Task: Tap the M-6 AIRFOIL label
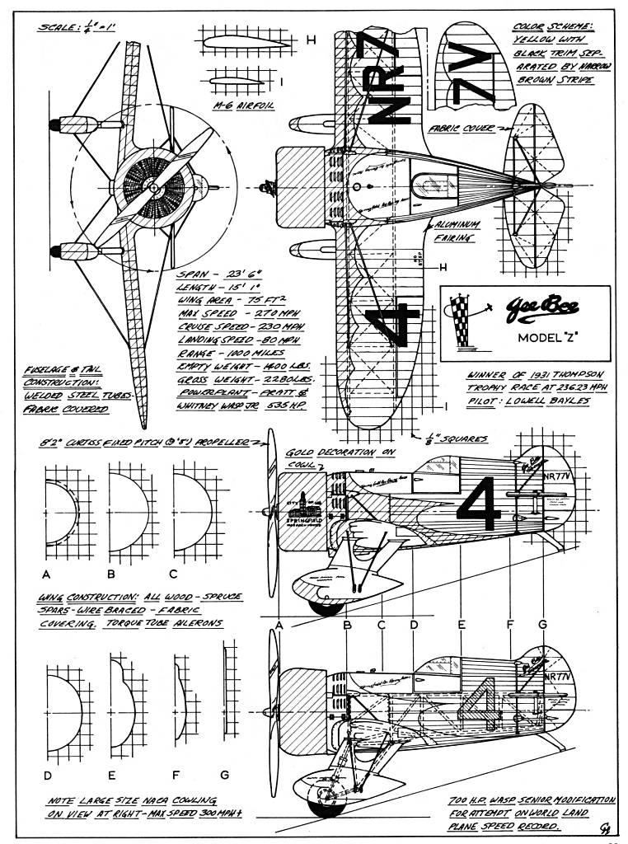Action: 233,107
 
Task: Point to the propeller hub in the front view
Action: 155,189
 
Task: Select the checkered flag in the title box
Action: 461,322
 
